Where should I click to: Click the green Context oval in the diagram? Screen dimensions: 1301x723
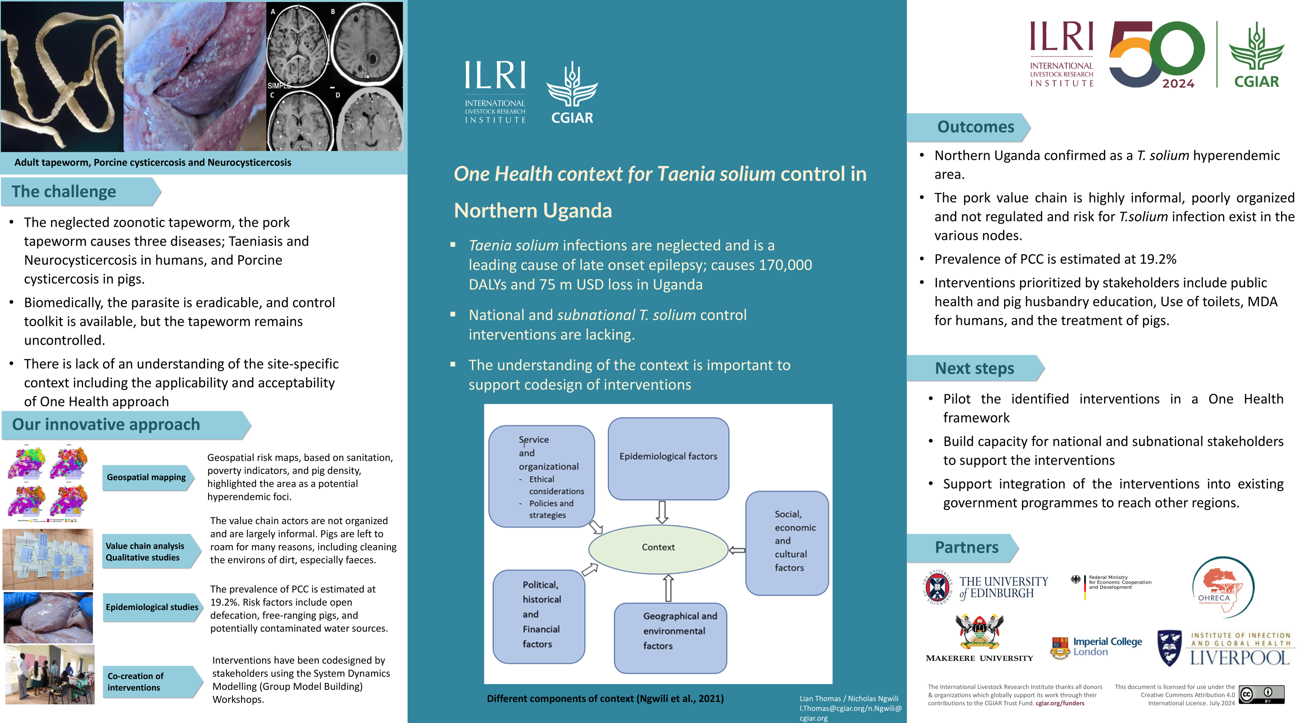point(658,548)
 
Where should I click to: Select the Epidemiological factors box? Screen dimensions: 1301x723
point(668,458)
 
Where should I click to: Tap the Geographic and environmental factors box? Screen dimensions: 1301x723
point(670,638)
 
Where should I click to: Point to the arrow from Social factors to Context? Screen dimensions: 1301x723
point(737,550)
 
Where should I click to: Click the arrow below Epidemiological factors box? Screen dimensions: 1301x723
point(662,512)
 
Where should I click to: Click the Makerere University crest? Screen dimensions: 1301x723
point(979,631)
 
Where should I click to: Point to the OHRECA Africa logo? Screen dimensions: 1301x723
point(1223,587)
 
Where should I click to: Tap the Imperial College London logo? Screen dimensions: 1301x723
point(1096,647)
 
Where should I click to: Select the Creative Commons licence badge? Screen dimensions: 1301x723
point(1261,694)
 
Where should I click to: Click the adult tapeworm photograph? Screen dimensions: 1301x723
point(62,76)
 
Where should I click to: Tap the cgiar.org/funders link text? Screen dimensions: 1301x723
point(1059,703)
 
